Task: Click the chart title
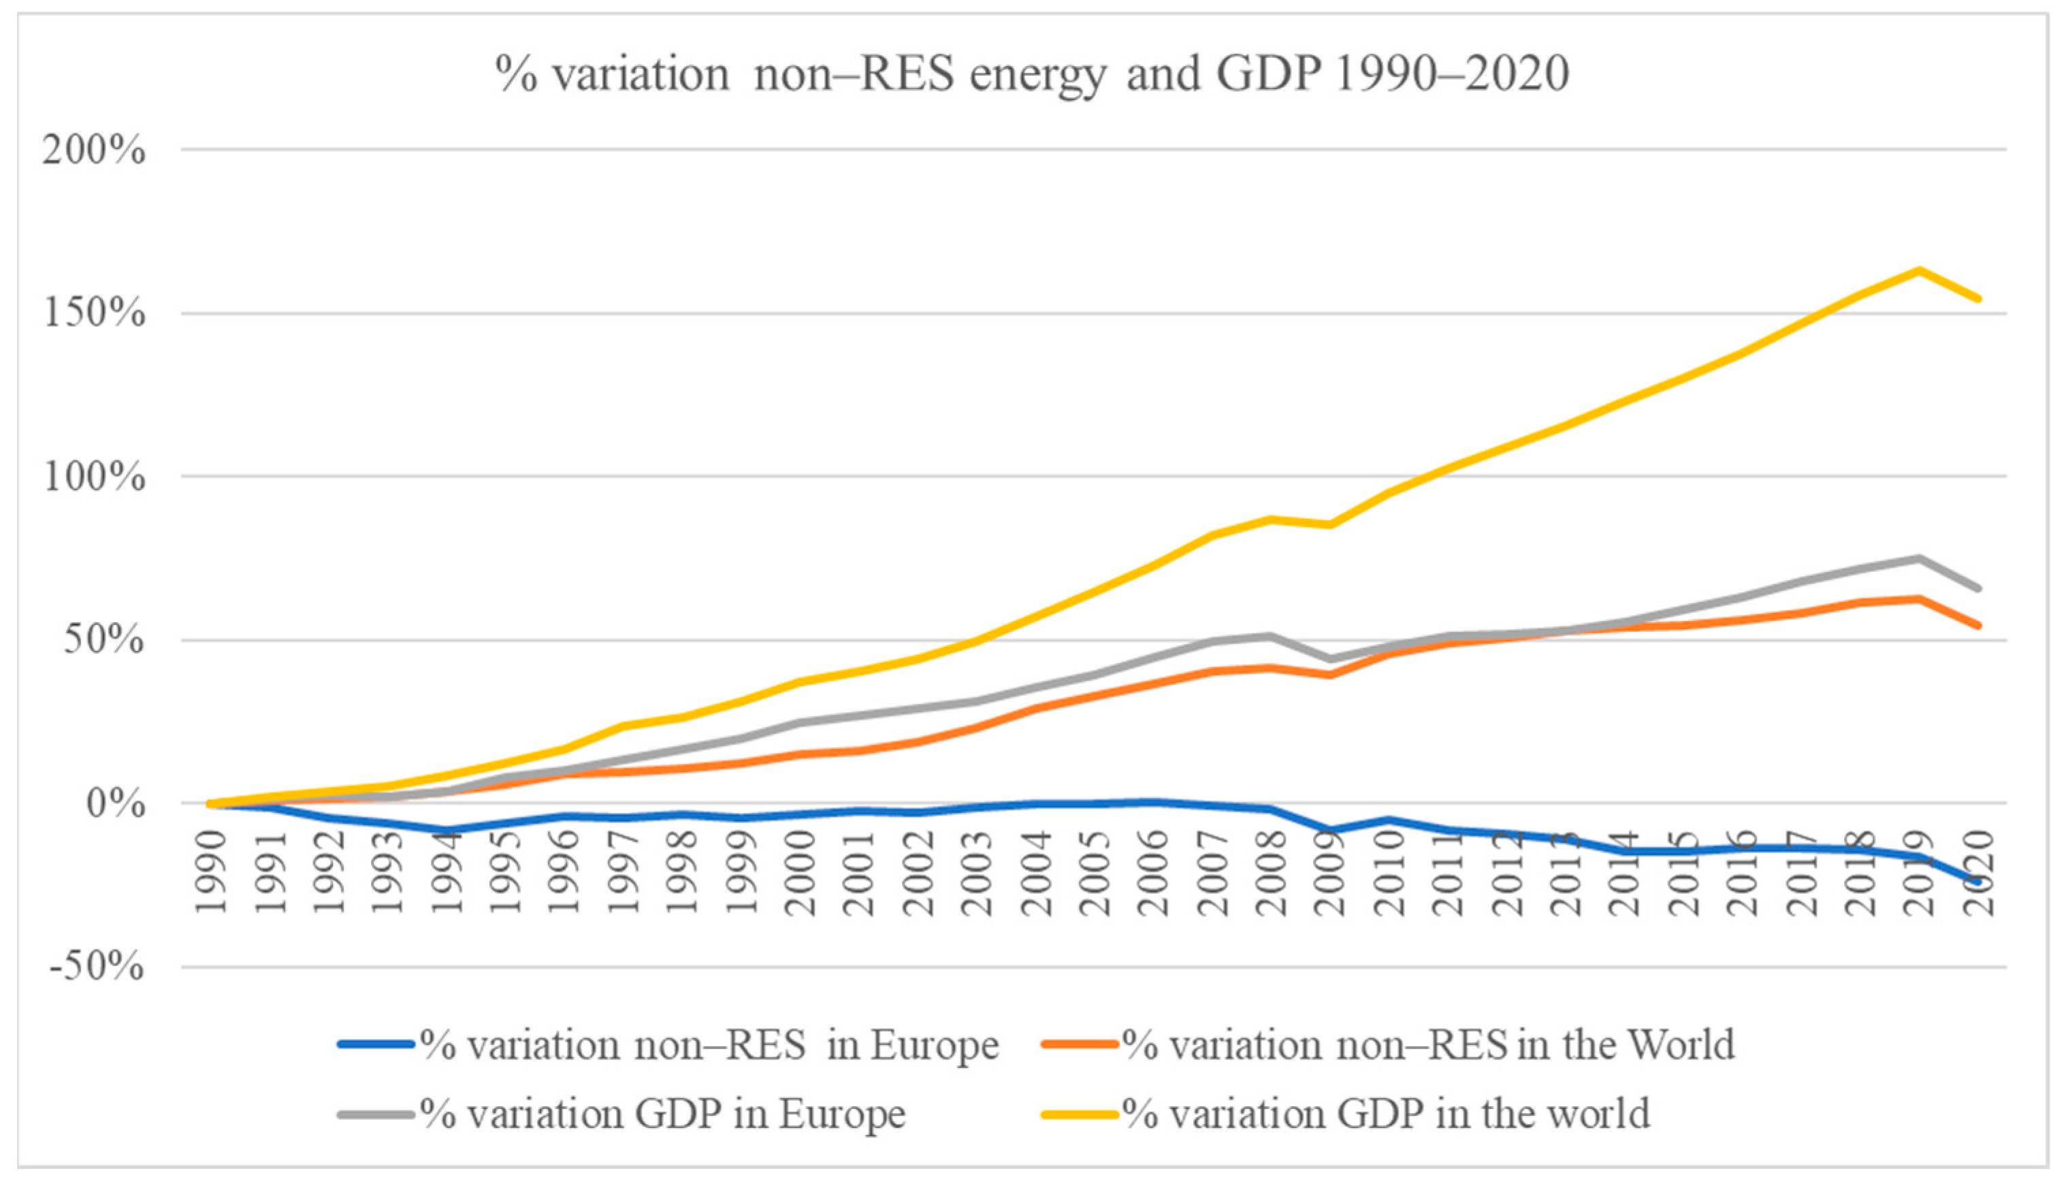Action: click(x=1033, y=74)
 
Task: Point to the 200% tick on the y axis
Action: click(x=95, y=150)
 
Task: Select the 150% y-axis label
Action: click(x=95, y=313)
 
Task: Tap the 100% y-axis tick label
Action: click(x=95, y=477)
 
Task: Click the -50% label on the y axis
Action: click(x=96, y=967)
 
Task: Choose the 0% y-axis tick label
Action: click(x=115, y=804)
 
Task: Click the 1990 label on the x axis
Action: click(x=211, y=872)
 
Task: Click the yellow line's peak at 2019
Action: click(x=1920, y=270)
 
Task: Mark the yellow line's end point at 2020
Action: click(x=1978, y=299)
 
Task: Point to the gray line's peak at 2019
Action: click(x=1920, y=558)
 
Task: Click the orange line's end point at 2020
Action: click(x=1978, y=626)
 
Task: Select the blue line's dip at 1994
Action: click(x=447, y=831)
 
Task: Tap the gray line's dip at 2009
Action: click(x=1331, y=658)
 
